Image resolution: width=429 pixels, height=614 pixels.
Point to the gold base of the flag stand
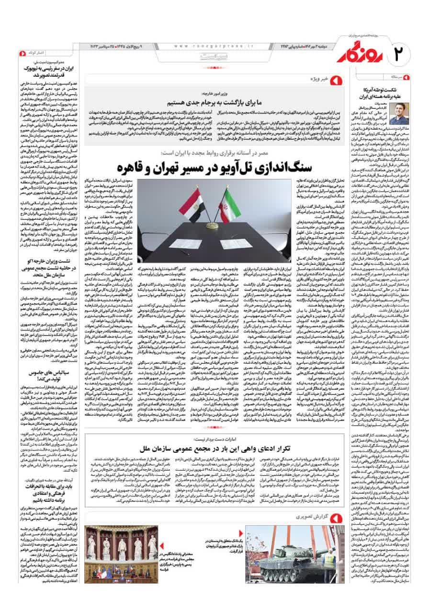tap(210, 224)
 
